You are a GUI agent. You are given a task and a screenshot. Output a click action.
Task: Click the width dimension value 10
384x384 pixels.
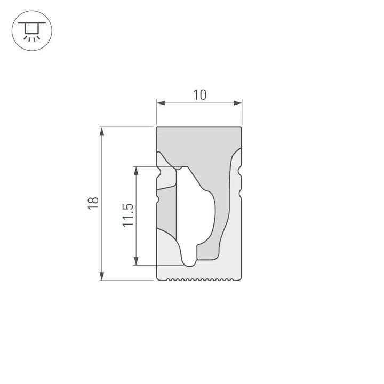tap(199, 95)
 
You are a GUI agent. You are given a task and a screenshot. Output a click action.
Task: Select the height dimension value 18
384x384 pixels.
tap(93, 203)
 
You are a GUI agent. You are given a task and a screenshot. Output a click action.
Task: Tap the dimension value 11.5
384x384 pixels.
tap(127, 215)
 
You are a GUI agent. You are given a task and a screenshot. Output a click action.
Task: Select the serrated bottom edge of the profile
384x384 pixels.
tap(199, 278)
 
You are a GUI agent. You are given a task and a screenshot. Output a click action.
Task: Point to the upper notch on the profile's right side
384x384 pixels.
tap(241, 172)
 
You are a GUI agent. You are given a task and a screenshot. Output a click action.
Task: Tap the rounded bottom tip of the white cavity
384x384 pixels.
tap(189, 262)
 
